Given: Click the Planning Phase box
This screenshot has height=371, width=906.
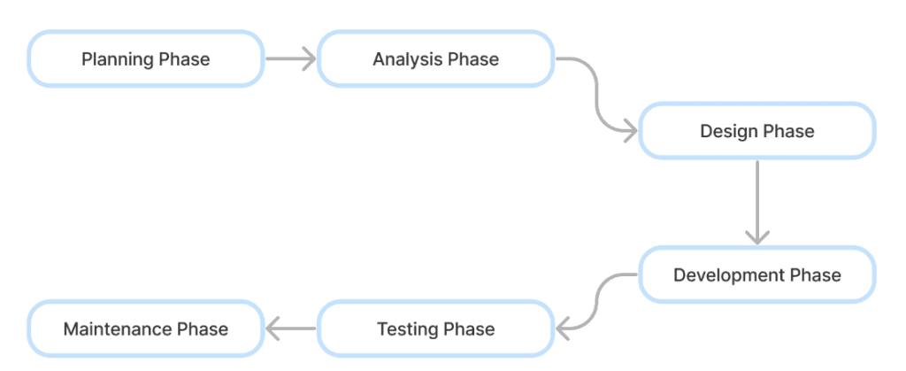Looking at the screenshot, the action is [146, 59].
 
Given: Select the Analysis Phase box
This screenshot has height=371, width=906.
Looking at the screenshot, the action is [435, 59].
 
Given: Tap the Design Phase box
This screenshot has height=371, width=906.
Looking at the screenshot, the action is [757, 131].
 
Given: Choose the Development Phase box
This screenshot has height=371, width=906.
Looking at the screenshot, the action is [757, 274].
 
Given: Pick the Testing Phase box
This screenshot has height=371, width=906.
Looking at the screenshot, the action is [435, 328].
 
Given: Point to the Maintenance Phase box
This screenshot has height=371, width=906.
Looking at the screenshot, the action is [146, 328].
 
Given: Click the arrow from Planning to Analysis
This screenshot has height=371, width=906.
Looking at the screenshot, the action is [290, 59].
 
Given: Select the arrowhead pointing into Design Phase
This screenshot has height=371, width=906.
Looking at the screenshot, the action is [630, 131].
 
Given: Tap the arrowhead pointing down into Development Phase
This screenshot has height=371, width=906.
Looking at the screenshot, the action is [757, 237].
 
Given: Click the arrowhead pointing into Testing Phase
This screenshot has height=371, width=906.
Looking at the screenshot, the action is [564, 328].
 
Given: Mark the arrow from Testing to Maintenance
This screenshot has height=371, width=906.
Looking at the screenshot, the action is [290, 328].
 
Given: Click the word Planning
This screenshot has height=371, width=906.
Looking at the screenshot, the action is [118, 59].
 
